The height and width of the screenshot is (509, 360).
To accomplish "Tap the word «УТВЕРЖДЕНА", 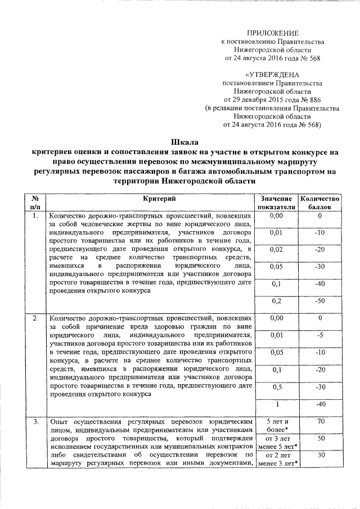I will tap(273, 74).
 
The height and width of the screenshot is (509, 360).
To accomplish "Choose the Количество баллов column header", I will tap(319, 202).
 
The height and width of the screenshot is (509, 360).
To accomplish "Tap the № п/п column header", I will tap(35, 202).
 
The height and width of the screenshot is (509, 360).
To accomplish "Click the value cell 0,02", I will tap(276, 249).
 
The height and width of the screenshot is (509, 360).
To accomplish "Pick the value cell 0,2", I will tap(276, 301).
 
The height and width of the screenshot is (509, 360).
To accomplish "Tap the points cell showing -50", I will tap(319, 301).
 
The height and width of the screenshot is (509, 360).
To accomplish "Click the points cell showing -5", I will tap(319, 336).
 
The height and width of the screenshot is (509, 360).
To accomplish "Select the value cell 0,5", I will tap(276, 387).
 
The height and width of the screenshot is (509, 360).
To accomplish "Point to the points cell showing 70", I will tap(319, 421).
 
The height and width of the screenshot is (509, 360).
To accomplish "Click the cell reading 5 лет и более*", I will tap(276, 425).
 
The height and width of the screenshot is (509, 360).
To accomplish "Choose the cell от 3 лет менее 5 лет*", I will tap(276, 442).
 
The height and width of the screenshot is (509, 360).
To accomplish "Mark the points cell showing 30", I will tap(319, 455).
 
